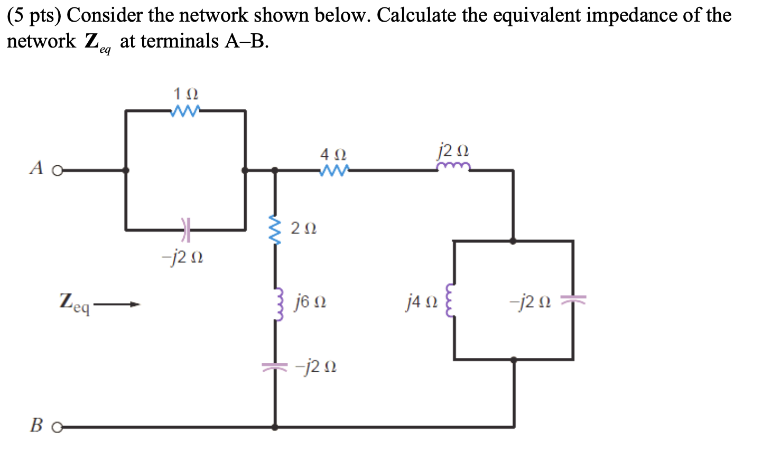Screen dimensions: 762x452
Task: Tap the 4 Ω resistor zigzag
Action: (334, 171)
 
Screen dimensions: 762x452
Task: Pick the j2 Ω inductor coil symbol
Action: (453, 167)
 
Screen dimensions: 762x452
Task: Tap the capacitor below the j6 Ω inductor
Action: (275, 365)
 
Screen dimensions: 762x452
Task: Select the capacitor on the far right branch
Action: (573, 301)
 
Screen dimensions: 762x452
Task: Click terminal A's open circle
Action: (57, 171)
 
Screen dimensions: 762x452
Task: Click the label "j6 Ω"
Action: (311, 302)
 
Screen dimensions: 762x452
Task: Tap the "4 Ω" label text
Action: (333, 155)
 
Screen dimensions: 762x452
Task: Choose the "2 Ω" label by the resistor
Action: (303, 229)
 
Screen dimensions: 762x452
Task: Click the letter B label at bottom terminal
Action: (36, 425)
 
